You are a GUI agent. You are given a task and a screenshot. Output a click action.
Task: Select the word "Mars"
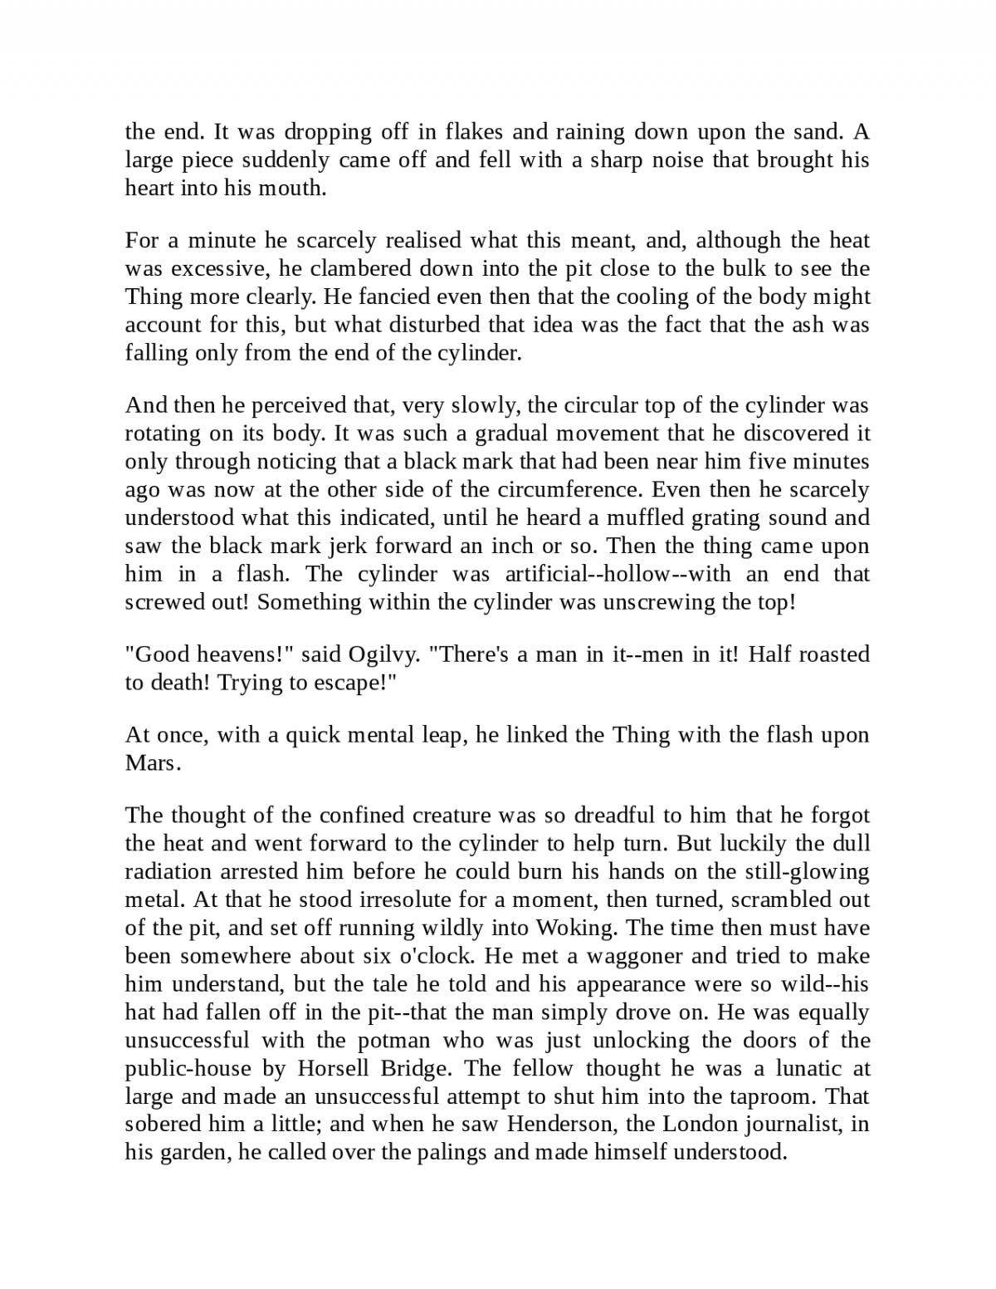151,763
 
